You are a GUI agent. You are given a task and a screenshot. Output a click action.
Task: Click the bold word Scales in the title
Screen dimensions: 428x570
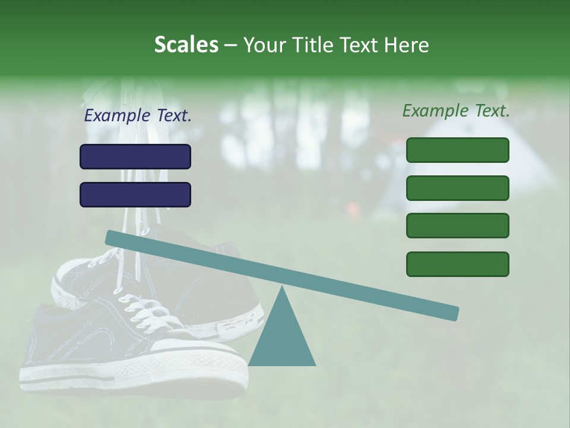coord(186,45)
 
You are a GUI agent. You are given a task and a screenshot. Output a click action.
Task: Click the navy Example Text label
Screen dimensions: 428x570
coord(138,115)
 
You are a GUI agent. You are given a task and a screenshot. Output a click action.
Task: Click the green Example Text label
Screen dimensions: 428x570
coord(456,111)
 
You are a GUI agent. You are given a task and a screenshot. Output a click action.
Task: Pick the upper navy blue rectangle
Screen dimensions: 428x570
coord(135,156)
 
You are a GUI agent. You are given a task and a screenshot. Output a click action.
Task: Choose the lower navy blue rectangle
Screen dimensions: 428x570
coord(135,194)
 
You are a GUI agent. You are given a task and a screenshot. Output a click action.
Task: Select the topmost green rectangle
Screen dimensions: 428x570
coord(457,150)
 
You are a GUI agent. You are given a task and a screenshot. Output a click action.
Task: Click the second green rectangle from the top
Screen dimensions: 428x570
coord(457,188)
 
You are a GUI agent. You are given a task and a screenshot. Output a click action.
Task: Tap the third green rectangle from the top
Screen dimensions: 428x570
coord(457,226)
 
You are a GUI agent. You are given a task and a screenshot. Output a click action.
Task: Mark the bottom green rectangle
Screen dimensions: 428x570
coord(457,264)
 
